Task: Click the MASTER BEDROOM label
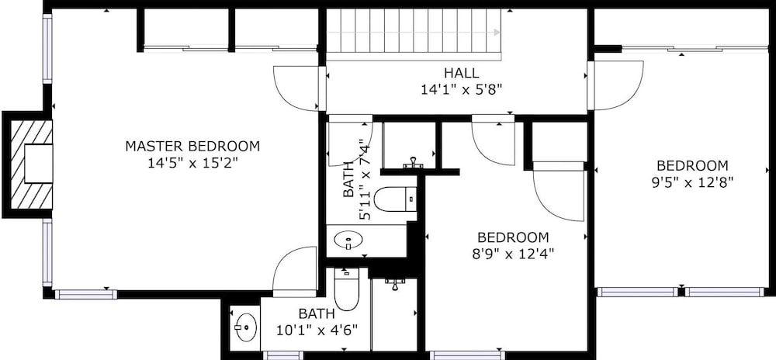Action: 192,147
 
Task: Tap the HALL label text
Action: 462,73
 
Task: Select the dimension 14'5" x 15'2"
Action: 193,163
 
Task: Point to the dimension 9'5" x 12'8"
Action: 692,182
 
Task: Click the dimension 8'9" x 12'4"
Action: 513,254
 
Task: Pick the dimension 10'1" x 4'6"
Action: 317,330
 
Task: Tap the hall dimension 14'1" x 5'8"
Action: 462,89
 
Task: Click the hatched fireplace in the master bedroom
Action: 32,164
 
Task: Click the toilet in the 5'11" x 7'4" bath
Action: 395,199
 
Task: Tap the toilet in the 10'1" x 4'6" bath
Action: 346,289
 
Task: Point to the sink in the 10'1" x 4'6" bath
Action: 245,327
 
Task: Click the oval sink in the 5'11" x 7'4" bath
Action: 348,241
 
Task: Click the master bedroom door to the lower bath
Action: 295,270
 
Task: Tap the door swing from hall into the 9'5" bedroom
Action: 615,85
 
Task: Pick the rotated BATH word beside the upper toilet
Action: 349,179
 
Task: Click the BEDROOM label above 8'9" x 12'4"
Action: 513,237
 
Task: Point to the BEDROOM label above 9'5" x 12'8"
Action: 692,166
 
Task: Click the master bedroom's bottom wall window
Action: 86,295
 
